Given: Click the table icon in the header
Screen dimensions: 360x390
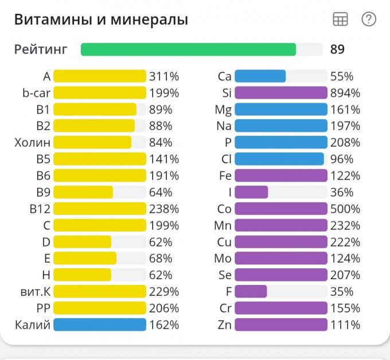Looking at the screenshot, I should coord(340,19).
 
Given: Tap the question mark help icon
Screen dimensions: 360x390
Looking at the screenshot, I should coord(369,19).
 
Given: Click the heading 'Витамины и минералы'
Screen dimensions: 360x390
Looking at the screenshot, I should coord(101,20).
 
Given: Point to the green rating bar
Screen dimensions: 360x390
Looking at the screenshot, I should coord(188,49).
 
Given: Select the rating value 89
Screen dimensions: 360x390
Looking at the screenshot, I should coord(337,49).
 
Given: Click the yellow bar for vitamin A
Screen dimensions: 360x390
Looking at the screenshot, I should coord(100,76).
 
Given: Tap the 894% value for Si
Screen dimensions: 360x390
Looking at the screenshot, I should coord(345,93).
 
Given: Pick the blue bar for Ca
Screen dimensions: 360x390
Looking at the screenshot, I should coord(260,76).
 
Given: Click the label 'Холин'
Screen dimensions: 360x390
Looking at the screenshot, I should coord(33,142).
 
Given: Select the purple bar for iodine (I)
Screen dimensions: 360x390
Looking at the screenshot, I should coord(251,192).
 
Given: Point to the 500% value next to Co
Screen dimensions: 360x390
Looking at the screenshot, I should coord(345,209).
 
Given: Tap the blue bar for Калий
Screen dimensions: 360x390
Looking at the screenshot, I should coord(100,325).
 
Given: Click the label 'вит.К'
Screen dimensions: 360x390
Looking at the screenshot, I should coord(34,292).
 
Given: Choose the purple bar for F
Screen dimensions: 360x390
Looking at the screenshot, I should coord(251,292).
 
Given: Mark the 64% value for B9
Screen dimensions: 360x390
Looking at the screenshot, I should coord(161,192).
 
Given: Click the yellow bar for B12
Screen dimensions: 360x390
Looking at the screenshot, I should coord(100,209).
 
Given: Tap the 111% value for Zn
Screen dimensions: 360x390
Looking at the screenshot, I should coord(345,325).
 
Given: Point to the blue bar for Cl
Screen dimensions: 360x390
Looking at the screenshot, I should coord(279,159).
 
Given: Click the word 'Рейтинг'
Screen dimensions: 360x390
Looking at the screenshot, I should coord(41,49).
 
